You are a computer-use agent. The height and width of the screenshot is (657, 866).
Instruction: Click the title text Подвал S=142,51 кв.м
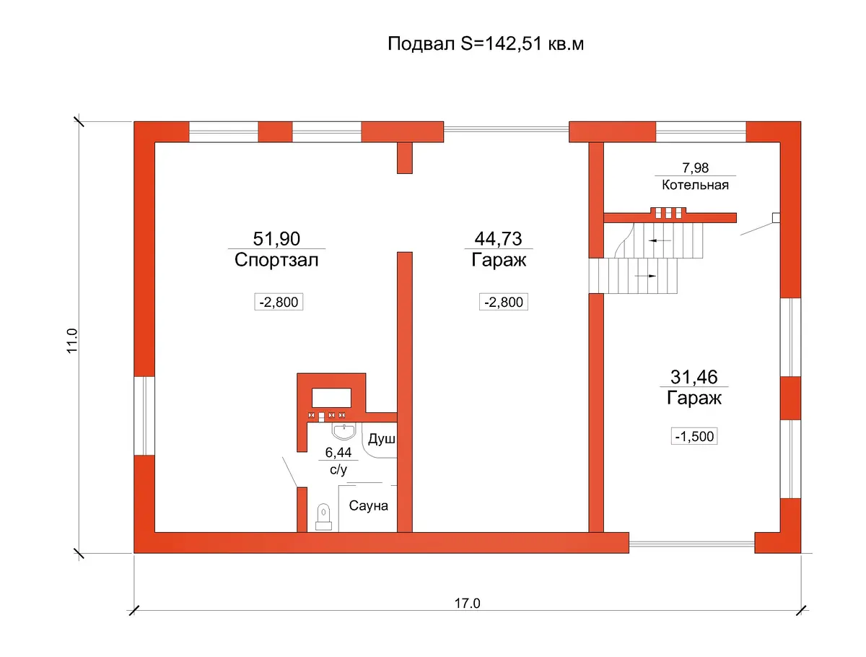tap(485, 44)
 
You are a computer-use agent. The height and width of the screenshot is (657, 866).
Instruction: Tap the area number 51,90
tap(276, 238)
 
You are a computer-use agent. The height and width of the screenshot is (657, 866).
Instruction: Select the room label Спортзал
tap(276, 260)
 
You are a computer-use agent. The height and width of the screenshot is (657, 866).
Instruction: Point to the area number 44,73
tap(498, 238)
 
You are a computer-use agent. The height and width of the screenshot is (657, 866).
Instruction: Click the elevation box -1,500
tap(694, 436)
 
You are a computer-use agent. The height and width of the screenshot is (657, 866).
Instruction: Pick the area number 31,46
tap(694, 377)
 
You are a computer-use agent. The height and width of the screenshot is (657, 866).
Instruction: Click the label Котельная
tap(695, 185)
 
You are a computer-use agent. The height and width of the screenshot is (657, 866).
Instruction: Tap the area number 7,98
tap(695, 167)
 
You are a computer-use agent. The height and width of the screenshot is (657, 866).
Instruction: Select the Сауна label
tap(368, 506)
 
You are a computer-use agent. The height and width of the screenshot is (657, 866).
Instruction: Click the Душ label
tap(382, 439)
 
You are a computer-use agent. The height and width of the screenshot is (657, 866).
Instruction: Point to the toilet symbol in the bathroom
tap(323, 517)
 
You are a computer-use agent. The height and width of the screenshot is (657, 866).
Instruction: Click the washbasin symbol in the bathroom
tap(344, 431)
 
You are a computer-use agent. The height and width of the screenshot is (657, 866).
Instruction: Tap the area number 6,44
tap(338, 453)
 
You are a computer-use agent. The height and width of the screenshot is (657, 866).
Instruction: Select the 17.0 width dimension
tap(467, 604)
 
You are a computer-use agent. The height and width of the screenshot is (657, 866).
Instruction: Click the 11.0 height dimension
tap(73, 341)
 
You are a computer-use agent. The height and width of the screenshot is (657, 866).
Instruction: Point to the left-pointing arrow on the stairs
tap(660, 240)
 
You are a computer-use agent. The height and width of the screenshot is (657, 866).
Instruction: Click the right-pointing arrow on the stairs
tap(645, 276)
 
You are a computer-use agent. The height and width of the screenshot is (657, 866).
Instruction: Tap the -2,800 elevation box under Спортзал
tap(279, 302)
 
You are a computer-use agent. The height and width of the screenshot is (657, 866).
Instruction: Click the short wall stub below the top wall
tap(404, 158)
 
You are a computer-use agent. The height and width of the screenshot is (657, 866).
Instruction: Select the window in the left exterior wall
tap(144, 416)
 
